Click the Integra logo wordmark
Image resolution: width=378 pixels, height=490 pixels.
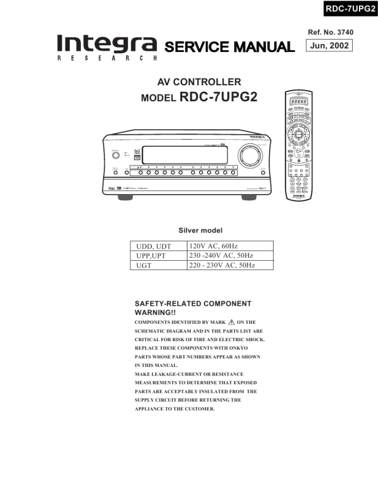[106, 44]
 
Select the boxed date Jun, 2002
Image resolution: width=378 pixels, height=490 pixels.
[329, 46]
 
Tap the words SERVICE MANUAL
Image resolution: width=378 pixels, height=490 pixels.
[229, 47]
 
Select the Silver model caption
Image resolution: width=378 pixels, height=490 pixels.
[200, 230]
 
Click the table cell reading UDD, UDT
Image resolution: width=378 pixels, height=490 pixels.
[159, 246]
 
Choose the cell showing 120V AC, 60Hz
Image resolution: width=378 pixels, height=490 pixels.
[230, 246]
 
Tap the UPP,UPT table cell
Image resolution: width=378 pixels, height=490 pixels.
[159, 256]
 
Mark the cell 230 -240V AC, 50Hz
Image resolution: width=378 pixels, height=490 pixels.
[230, 256]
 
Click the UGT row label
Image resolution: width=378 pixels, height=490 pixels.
[159, 266]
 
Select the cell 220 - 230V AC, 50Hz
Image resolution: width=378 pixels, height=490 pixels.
[230, 266]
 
